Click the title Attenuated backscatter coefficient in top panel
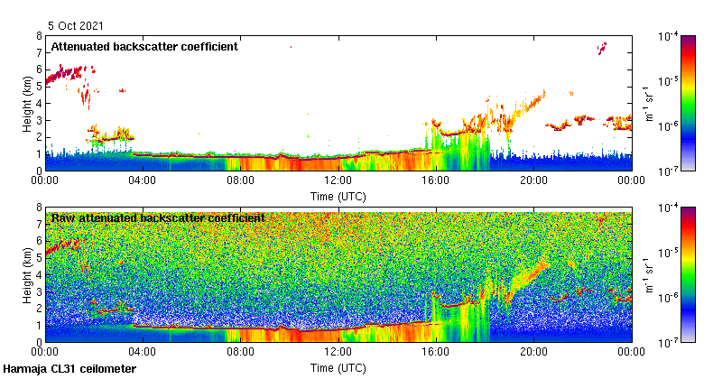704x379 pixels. tap(144, 46)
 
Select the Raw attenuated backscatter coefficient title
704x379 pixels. tap(158, 217)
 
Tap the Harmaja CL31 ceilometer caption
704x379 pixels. tap(69, 369)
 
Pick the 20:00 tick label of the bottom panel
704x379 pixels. tap(533, 353)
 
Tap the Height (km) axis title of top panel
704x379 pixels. tap(28, 103)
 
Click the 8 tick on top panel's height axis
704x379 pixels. tap(39, 36)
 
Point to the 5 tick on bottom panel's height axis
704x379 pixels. tap(39, 258)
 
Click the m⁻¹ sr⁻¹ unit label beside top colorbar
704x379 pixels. tap(647, 103)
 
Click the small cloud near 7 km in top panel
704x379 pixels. tap(603, 46)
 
